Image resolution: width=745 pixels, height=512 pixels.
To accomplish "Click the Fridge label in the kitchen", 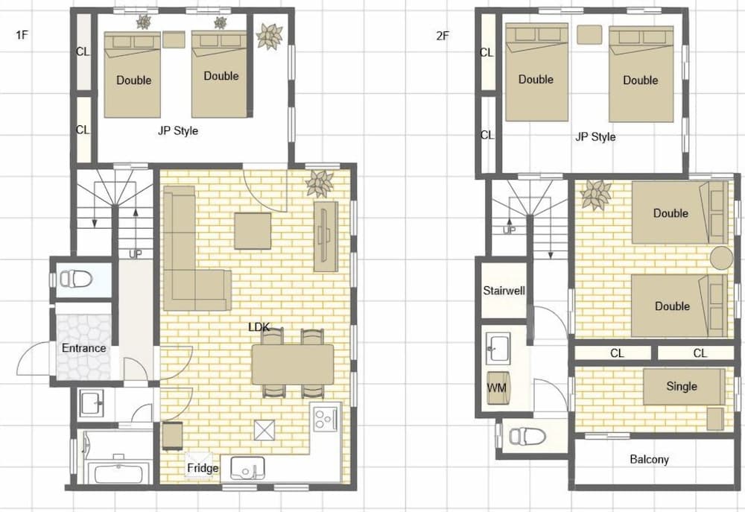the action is tap(203, 468).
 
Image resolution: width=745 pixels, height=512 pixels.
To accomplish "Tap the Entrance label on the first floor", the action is tap(83, 348).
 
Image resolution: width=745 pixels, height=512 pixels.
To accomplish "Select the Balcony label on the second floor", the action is tap(649, 459).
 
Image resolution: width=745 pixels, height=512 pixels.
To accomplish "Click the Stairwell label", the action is tap(504, 291).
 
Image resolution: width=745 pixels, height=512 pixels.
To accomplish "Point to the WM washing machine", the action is tap(498, 388).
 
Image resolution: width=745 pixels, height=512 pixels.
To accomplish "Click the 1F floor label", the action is tap(22, 35).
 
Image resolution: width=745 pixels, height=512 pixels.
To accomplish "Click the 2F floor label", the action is tap(443, 36).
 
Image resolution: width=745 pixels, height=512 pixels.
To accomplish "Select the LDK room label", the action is tap(259, 327).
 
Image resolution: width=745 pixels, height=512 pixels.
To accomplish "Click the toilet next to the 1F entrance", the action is tap(75, 279).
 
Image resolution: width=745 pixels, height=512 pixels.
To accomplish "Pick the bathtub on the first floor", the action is tap(118, 474).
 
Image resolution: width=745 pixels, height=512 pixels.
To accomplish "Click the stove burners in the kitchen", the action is tap(325, 418).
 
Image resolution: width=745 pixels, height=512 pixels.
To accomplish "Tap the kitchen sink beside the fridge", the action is tap(247, 468).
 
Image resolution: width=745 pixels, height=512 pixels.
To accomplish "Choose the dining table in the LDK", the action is tap(293, 364).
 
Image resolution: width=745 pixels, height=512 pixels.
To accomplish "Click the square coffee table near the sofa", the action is tap(253, 231).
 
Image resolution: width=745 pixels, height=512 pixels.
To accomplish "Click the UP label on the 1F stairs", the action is tap(136, 254).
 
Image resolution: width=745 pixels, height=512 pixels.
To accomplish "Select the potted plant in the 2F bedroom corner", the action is tap(596, 195).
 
